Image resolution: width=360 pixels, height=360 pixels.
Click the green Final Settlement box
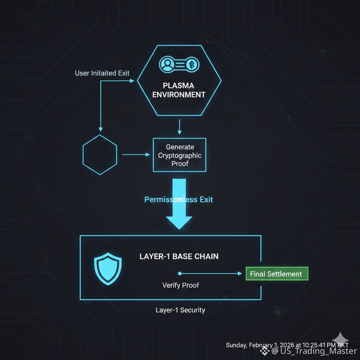click(x=276, y=274)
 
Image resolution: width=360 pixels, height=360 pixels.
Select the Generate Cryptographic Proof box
click(x=179, y=155)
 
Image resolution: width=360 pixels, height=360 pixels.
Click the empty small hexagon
click(x=99, y=154)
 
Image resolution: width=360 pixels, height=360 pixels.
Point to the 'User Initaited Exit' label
click(x=102, y=73)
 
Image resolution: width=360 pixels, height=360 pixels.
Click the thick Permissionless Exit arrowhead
click(x=179, y=221)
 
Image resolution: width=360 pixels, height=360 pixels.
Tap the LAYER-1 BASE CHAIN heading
click(x=179, y=256)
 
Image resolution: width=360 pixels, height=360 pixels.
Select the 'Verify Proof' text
click(x=180, y=285)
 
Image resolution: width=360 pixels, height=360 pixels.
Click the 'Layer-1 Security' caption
click(x=180, y=310)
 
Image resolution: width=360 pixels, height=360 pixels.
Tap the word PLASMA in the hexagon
click(x=179, y=85)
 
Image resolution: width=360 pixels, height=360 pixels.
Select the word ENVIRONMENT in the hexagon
click(x=179, y=95)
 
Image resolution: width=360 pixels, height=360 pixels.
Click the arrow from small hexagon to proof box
click(x=135, y=154)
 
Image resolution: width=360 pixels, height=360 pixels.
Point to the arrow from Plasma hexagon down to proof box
click(x=179, y=127)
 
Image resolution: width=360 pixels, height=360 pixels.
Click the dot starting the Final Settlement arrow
click(x=179, y=274)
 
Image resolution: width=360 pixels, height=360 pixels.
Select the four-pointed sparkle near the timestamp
click(x=340, y=339)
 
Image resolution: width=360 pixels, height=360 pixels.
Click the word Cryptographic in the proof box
click(x=179, y=155)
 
